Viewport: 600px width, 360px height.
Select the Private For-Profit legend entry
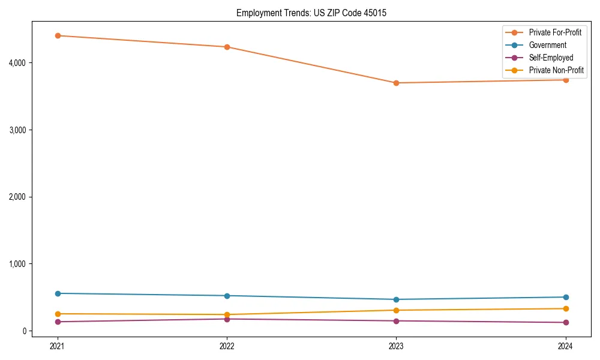point(555,32)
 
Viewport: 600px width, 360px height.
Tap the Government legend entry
point(547,45)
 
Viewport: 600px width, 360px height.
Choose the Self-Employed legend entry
point(551,58)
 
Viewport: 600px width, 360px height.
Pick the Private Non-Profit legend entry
point(556,70)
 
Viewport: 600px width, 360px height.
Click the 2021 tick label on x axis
point(58,346)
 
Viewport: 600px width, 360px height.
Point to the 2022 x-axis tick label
point(227,346)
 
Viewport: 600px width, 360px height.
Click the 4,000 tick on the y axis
point(16,63)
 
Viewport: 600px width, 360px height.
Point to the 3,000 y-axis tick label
point(16,130)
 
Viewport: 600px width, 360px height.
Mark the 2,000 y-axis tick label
point(16,197)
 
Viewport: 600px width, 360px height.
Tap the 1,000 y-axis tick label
point(16,264)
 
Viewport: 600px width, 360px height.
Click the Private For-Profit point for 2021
point(58,35)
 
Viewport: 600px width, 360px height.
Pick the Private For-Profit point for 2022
point(227,47)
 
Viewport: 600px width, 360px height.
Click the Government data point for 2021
point(58,293)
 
